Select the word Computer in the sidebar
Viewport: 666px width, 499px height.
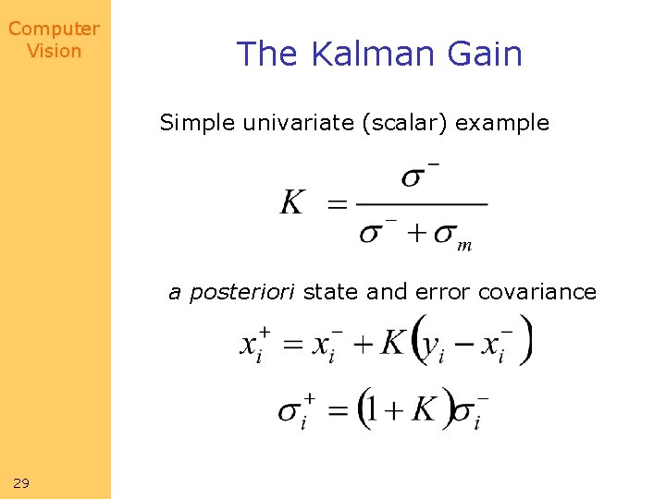click(54, 29)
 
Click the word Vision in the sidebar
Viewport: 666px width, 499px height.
click(54, 51)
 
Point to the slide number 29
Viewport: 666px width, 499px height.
click(21, 482)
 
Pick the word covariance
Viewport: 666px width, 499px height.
click(537, 292)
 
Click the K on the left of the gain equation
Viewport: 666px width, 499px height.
click(292, 202)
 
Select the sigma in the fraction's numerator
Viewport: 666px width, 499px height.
click(414, 176)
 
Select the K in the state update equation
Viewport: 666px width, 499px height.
click(392, 342)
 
